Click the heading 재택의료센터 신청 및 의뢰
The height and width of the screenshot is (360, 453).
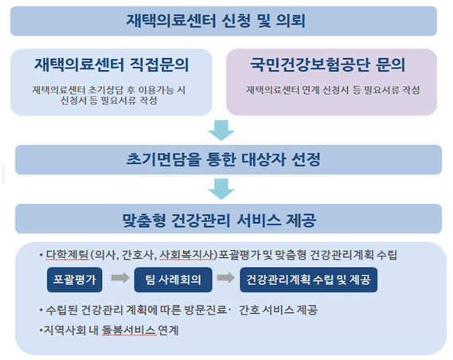click(x=216, y=21)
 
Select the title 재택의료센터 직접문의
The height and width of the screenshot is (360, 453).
click(x=111, y=65)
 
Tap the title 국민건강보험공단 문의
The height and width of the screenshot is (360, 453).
click(x=328, y=65)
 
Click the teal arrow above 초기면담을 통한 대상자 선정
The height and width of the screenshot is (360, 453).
click(x=221, y=131)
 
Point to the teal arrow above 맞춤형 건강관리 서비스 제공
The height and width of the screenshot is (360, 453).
click(x=221, y=190)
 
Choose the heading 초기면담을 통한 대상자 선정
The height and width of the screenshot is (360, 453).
click(x=224, y=159)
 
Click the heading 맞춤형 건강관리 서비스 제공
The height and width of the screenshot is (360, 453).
click(x=219, y=220)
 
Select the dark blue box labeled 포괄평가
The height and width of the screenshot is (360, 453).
click(x=75, y=280)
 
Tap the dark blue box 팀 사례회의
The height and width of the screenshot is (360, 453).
click(x=173, y=280)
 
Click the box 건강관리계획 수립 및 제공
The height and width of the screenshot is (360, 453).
click(x=309, y=280)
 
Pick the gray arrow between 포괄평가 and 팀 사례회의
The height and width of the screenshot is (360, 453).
click(x=120, y=278)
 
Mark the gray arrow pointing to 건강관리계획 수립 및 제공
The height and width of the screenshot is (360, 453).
click(x=226, y=278)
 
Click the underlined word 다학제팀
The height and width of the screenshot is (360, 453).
click(x=67, y=255)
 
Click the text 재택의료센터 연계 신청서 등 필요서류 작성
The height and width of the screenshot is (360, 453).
click(x=333, y=90)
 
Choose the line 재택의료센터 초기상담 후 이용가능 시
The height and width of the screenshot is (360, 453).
click(x=108, y=90)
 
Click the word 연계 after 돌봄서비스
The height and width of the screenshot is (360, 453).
click(x=169, y=330)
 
